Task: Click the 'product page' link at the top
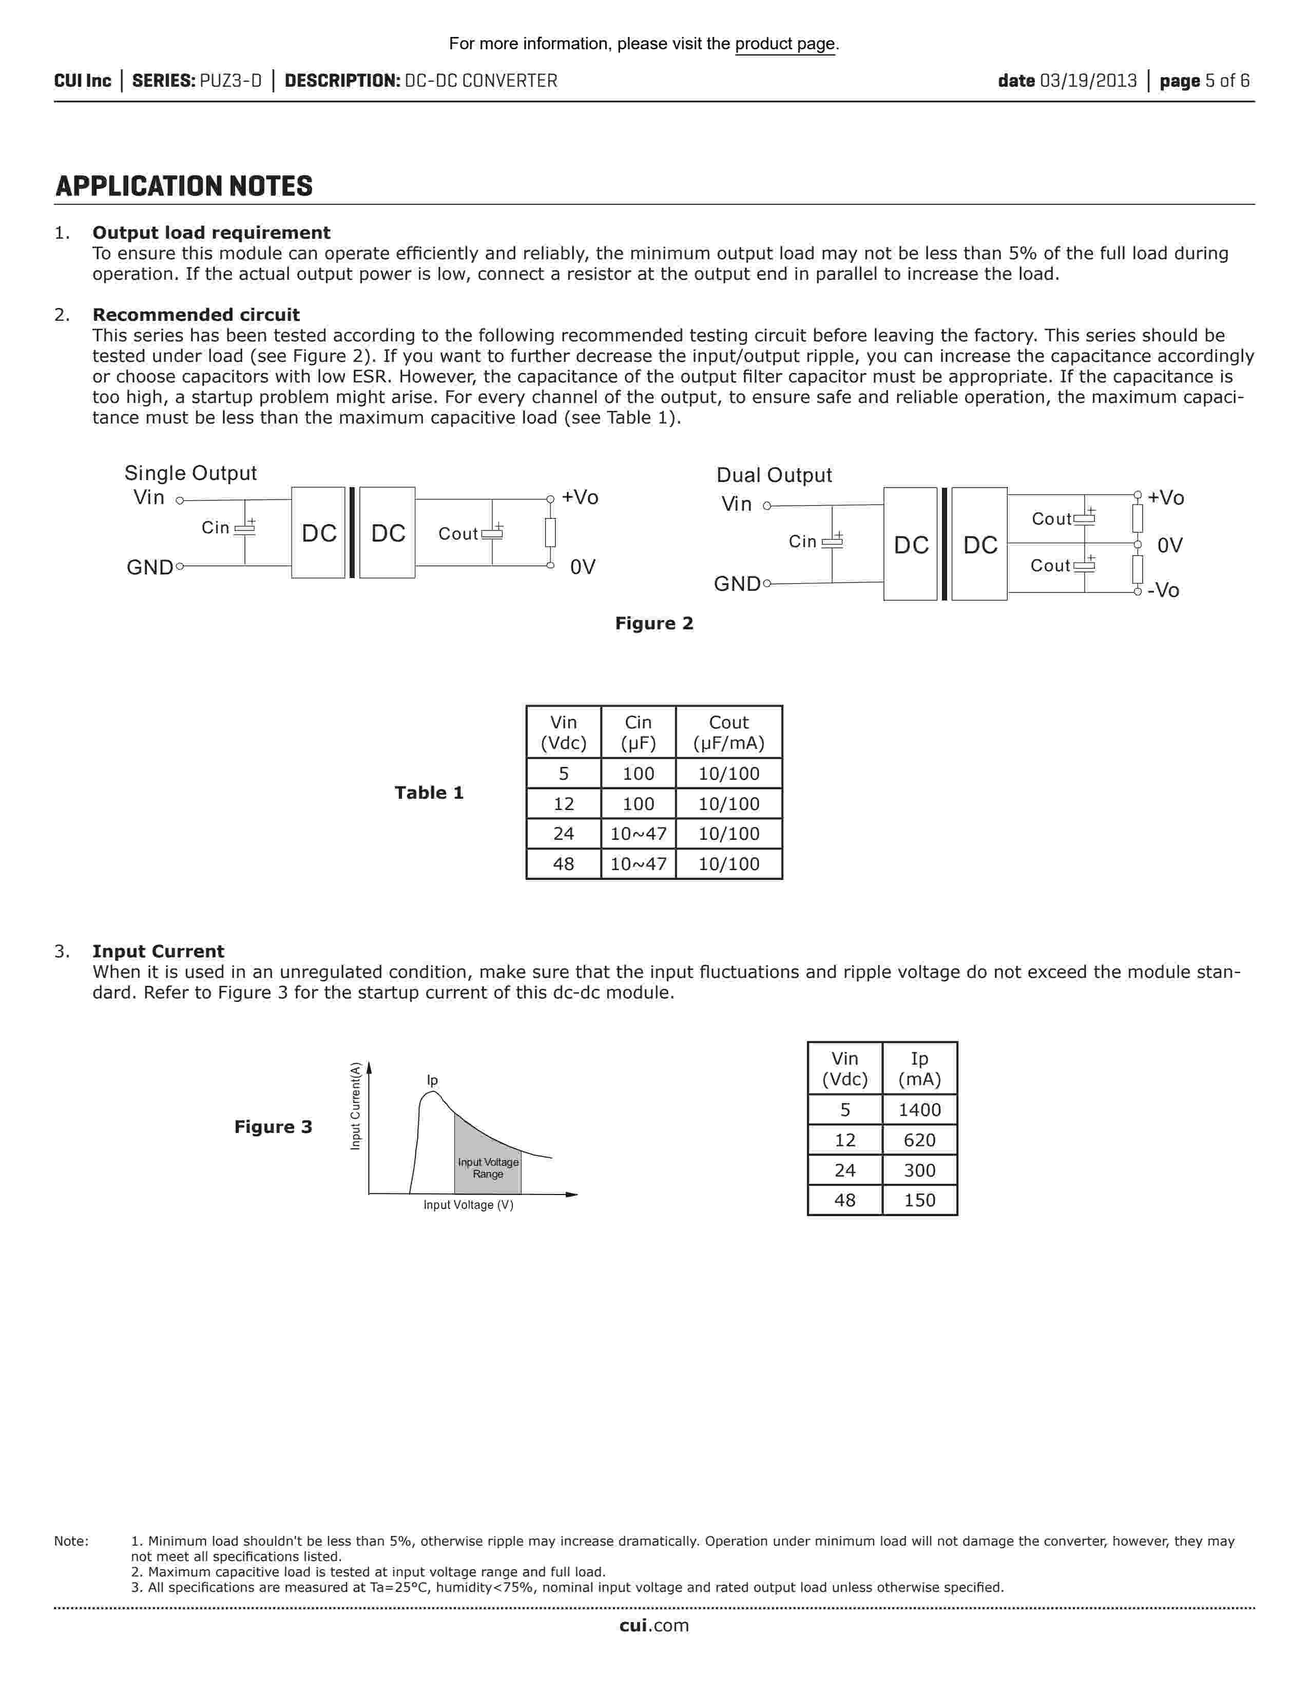click(x=785, y=44)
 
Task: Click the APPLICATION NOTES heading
click(x=184, y=186)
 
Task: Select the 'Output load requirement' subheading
click(x=211, y=233)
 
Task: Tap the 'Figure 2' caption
click(x=653, y=624)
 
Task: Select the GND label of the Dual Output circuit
click(x=737, y=584)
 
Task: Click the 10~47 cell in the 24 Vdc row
click(x=638, y=834)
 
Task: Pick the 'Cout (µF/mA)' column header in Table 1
click(x=729, y=733)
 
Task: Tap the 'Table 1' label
click(x=429, y=793)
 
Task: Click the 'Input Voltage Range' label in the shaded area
click(x=488, y=1168)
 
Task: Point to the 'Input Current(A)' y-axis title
click(x=355, y=1106)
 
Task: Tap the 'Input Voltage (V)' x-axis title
click(x=468, y=1205)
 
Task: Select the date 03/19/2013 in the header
click(x=1088, y=81)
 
